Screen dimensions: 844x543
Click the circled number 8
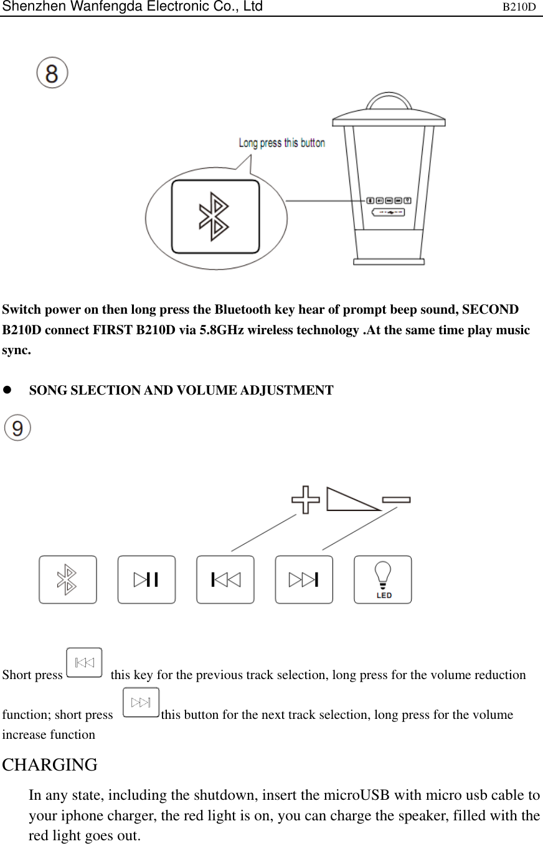(x=52, y=73)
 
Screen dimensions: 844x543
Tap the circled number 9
(x=17, y=429)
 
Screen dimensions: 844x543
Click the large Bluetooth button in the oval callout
(x=215, y=217)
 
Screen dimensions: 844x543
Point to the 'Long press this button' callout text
(x=281, y=143)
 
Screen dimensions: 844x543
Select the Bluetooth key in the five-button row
(x=68, y=579)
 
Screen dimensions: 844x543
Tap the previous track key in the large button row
(x=225, y=579)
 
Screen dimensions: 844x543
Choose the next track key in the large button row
(x=304, y=579)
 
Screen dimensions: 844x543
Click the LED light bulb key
(x=383, y=579)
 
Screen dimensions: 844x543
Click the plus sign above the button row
(x=306, y=500)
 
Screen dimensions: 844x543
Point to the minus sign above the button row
(x=396, y=499)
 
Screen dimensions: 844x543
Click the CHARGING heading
(x=50, y=764)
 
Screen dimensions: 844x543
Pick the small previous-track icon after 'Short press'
(x=84, y=662)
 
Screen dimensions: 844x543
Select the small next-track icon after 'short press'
(x=141, y=703)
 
